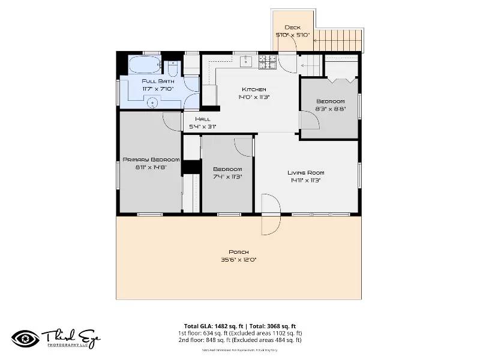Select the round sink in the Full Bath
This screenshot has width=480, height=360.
pyautogui.click(x=152, y=103)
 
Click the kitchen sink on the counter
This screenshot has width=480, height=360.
pyautogui.click(x=245, y=61)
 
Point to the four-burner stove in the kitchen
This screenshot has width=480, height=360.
pyautogui.click(x=268, y=61)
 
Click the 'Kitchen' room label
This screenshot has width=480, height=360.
pyautogui.click(x=254, y=89)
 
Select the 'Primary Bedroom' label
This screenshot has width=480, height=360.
pyautogui.click(x=151, y=160)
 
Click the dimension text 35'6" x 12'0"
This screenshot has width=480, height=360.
pyautogui.click(x=238, y=259)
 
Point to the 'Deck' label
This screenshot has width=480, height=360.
pyautogui.click(x=292, y=28)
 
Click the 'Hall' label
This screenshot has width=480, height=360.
pyautogui.click(x=203, y=119)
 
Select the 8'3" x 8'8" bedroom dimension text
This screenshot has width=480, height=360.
pyautogui.click(x=330, y=109)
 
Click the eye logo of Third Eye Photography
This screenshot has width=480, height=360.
pyautogui.click(x=25, y=338)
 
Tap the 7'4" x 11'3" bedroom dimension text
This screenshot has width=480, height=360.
pyautogui.click(x=227, y=176)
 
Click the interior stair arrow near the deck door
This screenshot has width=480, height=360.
pyautogui.click(x=310, y=65)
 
